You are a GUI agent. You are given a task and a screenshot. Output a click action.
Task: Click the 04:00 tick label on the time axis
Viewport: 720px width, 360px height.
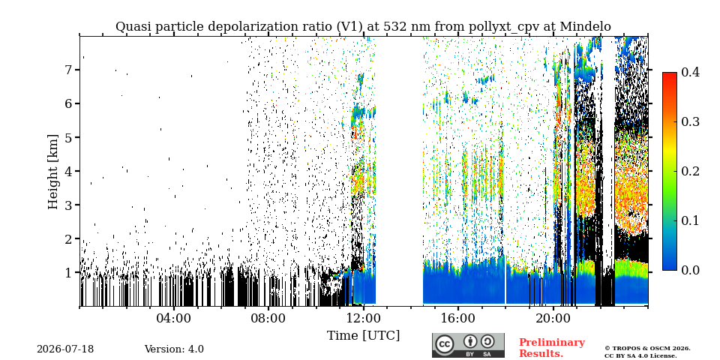(174, 318)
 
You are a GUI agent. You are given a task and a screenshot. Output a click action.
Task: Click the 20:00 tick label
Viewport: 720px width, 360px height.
(553, 318)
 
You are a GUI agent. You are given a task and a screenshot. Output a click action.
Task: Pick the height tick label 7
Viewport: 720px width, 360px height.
(70, 70)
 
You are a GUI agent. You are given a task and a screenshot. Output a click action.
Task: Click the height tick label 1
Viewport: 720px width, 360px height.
(70, 273)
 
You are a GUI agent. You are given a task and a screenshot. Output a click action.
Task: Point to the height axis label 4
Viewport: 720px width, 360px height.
(70, 171)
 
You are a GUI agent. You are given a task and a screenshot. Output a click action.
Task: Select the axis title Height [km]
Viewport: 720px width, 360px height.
(54, 172)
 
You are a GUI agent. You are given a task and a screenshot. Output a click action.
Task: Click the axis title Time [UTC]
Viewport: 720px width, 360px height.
(363, 336)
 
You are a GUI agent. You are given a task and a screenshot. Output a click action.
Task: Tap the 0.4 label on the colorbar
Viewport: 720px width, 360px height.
(690, 72)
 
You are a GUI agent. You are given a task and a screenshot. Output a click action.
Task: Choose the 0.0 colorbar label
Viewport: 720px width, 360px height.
(690, 270)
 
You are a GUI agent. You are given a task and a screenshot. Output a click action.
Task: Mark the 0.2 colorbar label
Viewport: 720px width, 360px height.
(690, 171)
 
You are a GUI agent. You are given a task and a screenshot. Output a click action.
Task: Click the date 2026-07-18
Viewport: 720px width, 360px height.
(65, 349)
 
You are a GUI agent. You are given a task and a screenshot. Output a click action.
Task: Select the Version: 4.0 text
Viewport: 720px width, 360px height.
(174, 349)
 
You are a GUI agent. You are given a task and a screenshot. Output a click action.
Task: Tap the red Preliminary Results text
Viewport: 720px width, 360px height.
(552, 348)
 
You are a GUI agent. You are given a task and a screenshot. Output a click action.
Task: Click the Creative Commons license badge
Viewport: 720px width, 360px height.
(468, 345)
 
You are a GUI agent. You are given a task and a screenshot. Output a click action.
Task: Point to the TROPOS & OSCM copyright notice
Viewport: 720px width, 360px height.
(647, 352)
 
